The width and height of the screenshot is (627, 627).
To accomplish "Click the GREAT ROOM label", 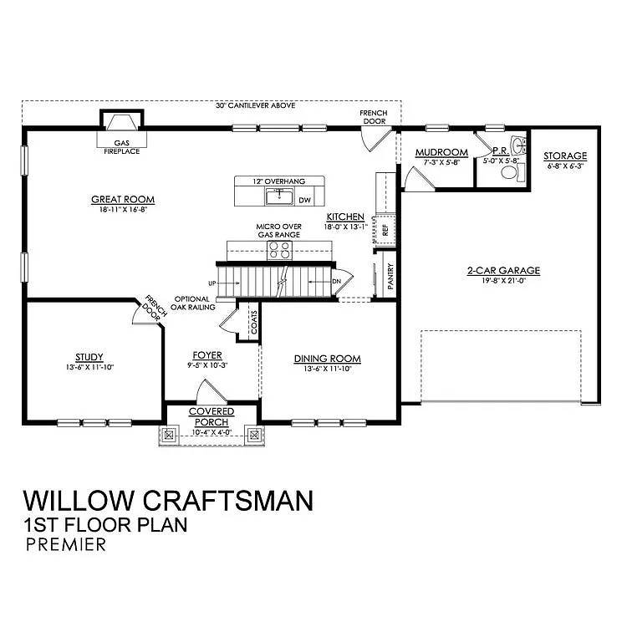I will click(x=123, y=200).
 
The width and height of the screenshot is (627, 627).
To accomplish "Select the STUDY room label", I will click(x=89, y=355).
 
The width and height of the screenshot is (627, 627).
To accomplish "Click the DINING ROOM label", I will click(x=327, y=359).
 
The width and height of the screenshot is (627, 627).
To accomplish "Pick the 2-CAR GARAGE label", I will click(x=503, y=270).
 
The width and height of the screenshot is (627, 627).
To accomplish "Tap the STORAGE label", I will click(x=565, y=156).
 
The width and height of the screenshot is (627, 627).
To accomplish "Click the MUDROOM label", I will click(x=441, y=152).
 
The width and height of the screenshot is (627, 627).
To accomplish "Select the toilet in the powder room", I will click(x=510, y=173).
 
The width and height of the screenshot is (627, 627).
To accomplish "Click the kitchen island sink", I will click(x=277, y=196).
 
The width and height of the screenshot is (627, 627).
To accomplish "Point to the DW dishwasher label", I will click(x=304, y=201).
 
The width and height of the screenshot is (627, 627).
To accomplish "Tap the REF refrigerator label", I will click(x=385, y=228).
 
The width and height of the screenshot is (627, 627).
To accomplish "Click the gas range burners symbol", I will click(x=279, y=249).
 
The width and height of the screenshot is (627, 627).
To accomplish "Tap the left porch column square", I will click(x=170, y=434).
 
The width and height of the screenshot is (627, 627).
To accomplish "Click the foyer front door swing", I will click(x=206, y=391).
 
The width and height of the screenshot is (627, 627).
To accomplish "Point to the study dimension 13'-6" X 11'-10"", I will click(x=89, y=366).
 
